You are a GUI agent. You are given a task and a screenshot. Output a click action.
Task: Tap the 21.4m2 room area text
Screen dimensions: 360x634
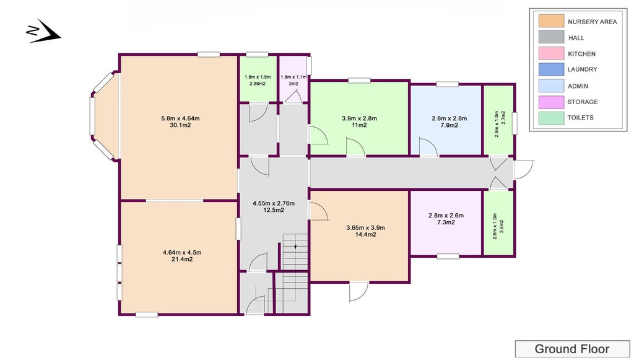tap(182, 259)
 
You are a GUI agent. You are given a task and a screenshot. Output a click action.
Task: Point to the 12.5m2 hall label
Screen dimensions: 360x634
tap(273, 210)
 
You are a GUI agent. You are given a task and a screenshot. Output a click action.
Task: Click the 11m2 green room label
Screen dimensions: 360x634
tap(359, 125)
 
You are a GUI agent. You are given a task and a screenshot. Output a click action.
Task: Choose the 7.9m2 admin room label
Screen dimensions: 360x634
tap(449, 125)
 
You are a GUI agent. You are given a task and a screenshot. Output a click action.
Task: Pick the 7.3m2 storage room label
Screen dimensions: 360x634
tap(446, 222)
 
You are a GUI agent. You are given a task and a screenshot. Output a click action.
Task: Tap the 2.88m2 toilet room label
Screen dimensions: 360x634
tap(258, 84)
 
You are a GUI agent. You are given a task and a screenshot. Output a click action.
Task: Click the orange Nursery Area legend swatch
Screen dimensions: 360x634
tap(551, 21)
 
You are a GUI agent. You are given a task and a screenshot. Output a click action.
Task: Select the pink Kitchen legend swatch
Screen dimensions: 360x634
tap(551, 54)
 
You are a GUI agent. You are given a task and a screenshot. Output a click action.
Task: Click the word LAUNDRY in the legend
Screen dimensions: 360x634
tap(582, 69)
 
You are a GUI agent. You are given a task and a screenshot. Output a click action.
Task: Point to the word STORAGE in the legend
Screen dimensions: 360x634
tap(583, 102)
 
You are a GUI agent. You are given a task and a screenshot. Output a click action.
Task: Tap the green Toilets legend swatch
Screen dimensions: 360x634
tap(551, 118)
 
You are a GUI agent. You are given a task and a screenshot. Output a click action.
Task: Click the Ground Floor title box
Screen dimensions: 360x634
tap(572, 349)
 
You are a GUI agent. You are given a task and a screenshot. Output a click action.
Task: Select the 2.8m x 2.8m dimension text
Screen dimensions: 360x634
tap(449, 118)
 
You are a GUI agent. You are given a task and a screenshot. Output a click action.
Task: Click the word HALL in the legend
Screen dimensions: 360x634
tap(576, 38)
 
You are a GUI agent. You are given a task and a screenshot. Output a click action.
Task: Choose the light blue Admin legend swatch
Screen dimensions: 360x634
tap(551, 86)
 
